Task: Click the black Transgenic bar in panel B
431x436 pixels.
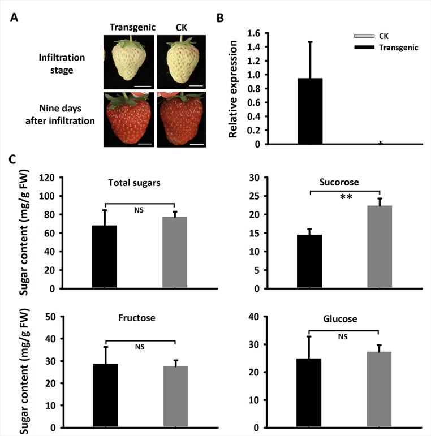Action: click(309, 111)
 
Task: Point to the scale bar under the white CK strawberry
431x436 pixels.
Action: click(196, 86)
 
